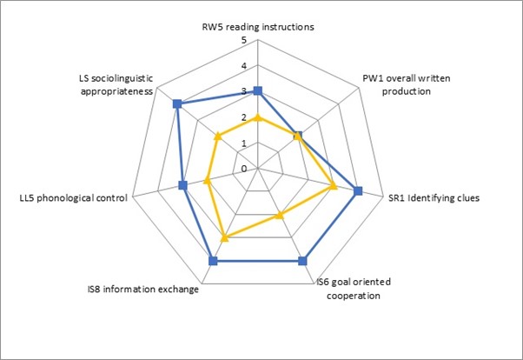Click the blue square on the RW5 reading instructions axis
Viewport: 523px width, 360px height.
(257, 91)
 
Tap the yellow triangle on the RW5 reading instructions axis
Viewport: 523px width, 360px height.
(257, 117)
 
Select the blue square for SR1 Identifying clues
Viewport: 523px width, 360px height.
(357, 191)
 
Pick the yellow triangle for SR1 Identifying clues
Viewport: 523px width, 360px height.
(333, 185)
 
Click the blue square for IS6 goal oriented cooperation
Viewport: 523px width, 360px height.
(302, 260)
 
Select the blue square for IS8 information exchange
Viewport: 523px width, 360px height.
(213, 260)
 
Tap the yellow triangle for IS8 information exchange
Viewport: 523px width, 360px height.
(224, 237)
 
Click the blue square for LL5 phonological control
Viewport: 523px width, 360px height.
(182, 185)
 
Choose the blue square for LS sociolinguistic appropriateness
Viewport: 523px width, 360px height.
(177, 104)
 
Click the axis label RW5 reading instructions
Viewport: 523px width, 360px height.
(257, 27)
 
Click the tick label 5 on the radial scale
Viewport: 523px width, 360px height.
(244, 41)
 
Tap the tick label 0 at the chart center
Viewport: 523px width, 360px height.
(244, 168)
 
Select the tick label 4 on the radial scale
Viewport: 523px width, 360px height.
(244, 66)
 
